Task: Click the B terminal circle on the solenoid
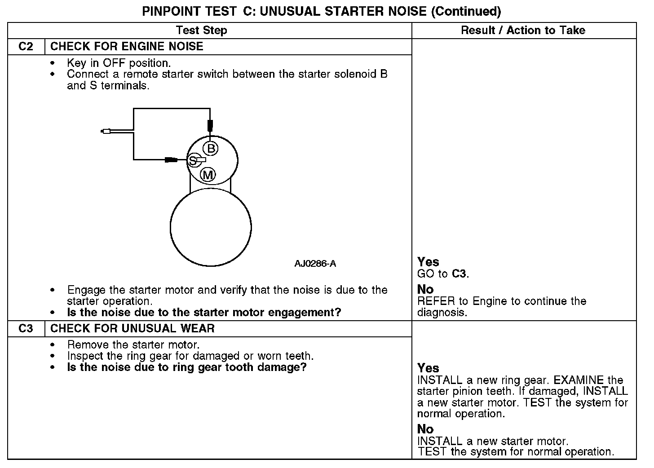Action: (210, 148)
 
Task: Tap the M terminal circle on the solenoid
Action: (208, 175)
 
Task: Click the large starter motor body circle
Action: (211, 227)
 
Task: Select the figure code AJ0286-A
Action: (315, 264)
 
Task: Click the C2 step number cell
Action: (26, 47)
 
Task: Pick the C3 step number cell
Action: (26, 329)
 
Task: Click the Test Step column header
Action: (201, 31)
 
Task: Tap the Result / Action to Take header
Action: (523, 31)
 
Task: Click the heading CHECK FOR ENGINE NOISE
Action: (127, 47)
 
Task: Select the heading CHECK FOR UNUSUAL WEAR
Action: (133, 329)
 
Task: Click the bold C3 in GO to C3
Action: (460, 274)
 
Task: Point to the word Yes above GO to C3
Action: (428, 262)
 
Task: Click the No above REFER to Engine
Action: (425, 290)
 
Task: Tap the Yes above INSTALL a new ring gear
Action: (428, 368)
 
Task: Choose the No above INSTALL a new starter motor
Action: (425, 429)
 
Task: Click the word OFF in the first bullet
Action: (113, 63)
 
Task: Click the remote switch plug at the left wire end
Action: (106, 131)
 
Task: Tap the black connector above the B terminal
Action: (210, 125)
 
